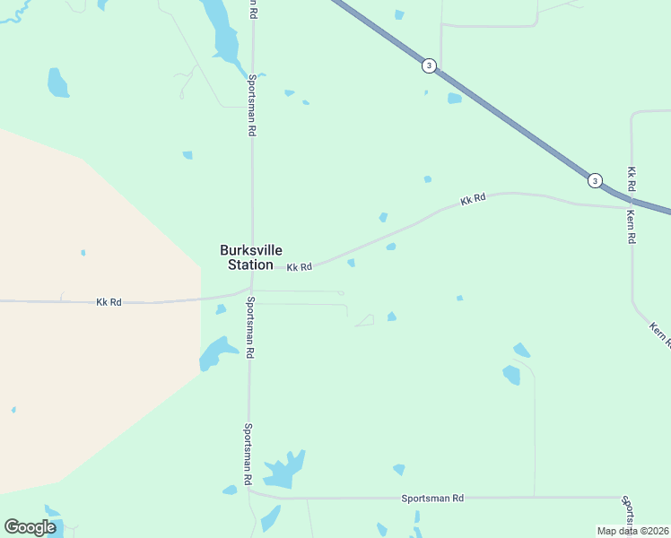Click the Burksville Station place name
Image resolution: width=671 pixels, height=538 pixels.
(x=247, y=257)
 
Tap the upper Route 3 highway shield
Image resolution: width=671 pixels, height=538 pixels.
(x=430, y=65)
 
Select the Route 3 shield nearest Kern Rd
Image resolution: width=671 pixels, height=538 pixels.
(x=595, y=181)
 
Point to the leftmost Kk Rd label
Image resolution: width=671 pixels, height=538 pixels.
(x=109, y=302)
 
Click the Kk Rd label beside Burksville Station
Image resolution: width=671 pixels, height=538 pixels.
(x=300, y=267)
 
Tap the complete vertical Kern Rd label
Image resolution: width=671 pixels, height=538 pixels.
(x=632, y=227)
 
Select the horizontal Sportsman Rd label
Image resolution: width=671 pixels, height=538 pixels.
(x=432, y=498)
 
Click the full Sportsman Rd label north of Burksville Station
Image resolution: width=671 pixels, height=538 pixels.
(x=252, y=106)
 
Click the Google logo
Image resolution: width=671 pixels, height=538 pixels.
(x=30, y=527)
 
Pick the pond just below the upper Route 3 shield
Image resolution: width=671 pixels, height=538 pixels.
(x=454, y=99)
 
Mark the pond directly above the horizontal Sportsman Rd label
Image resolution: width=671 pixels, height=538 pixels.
(x=398, y=469)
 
